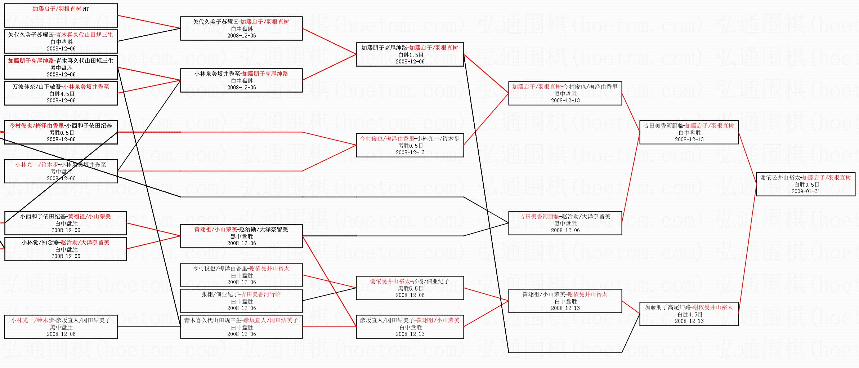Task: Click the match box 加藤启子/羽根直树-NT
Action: (61, 15)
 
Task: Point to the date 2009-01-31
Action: (806, 191)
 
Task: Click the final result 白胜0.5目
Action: (806, 185)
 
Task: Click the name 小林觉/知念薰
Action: (40, 243)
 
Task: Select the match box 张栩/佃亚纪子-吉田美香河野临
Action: (241, 301)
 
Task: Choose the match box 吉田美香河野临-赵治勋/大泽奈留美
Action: (565, 223)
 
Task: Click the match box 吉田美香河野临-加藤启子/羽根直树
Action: (689, 132)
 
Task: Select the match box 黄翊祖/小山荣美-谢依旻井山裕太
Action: (565, 301)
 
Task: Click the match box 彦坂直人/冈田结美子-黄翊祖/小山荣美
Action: (410, 327)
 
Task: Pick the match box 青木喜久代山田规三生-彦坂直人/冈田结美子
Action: (241, 327)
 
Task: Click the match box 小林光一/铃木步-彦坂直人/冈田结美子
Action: (61, 327)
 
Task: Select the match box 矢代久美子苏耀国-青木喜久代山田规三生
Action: (61, 41)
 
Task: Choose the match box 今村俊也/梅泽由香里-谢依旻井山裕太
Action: (241, 275)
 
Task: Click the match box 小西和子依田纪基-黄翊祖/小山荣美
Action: (66, 223)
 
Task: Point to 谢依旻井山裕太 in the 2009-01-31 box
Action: (781, 178)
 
